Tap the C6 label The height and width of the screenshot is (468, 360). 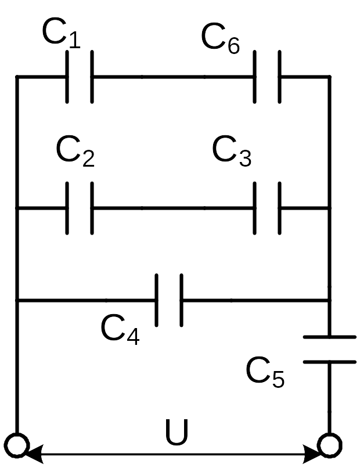click(220, 38)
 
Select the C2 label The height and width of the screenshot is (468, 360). click(75, 151)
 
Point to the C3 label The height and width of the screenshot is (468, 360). click(232, 151)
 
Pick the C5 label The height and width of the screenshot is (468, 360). click(265, 372)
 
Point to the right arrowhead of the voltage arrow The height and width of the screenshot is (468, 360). click(311, 454)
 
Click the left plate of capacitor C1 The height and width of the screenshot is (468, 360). click(67, 77)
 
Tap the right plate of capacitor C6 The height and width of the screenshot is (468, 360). click(280, 77)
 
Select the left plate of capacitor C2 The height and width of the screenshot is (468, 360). click(67, 208)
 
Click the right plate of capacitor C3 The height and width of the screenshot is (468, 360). click(280, 208)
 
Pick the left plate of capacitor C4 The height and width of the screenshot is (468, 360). click(157, 300)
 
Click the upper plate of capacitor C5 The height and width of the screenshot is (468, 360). click(330, 337)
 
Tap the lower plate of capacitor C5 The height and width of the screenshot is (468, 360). click(330, 362)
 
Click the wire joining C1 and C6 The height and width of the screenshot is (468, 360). click(173, 77)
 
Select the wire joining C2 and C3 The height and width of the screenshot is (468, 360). click(173, 208)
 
